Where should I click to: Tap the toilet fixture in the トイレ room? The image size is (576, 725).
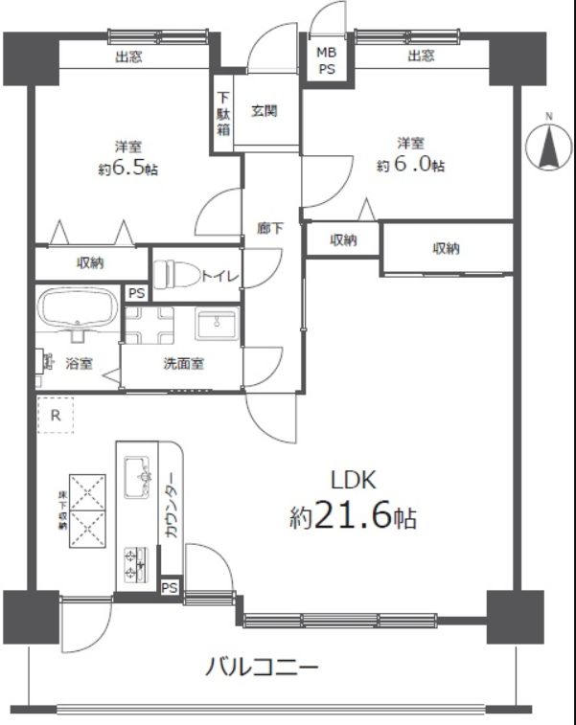[176, 275]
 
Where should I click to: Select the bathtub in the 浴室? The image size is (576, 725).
[78, 309]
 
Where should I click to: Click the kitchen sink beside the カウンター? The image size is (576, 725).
[137, 477]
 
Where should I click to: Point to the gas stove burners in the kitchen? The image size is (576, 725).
[136, 564]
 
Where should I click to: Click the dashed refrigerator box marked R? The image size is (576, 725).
[56, 415]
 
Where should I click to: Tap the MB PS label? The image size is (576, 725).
[327, 60]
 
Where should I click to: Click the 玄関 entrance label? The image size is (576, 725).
[265, 111]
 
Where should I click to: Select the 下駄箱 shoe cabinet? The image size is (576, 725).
[223, 114]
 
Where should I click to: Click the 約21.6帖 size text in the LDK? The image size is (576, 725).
[353, 517]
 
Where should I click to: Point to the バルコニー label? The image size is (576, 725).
[262, 668]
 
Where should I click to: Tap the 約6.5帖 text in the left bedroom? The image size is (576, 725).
[128, 170]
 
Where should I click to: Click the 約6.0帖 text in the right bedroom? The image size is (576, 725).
[411, 165]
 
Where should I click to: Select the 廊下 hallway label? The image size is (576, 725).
[270, 228]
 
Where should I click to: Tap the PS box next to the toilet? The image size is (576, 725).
[136, 294]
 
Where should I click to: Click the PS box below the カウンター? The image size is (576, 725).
[170, 588]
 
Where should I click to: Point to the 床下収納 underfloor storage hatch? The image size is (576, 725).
[87, 510]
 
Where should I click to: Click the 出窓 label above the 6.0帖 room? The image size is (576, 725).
[421, 56]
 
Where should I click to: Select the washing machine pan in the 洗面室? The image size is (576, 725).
[149, 326]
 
